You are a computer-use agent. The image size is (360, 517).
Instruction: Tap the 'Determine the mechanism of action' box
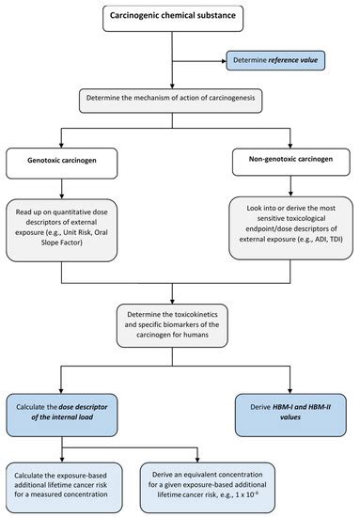(180, 99)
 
